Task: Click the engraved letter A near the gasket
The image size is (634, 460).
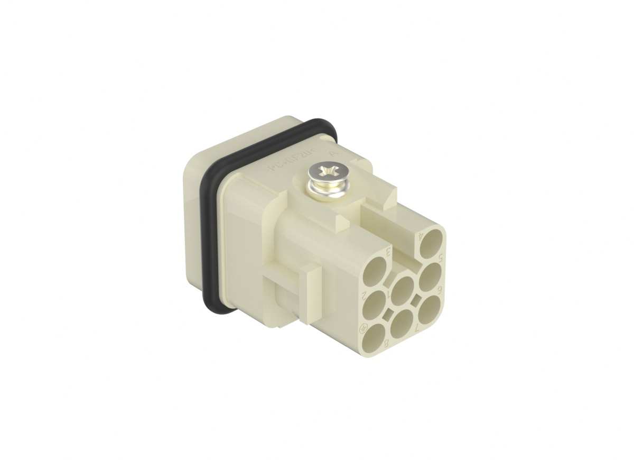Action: [332, 153]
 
